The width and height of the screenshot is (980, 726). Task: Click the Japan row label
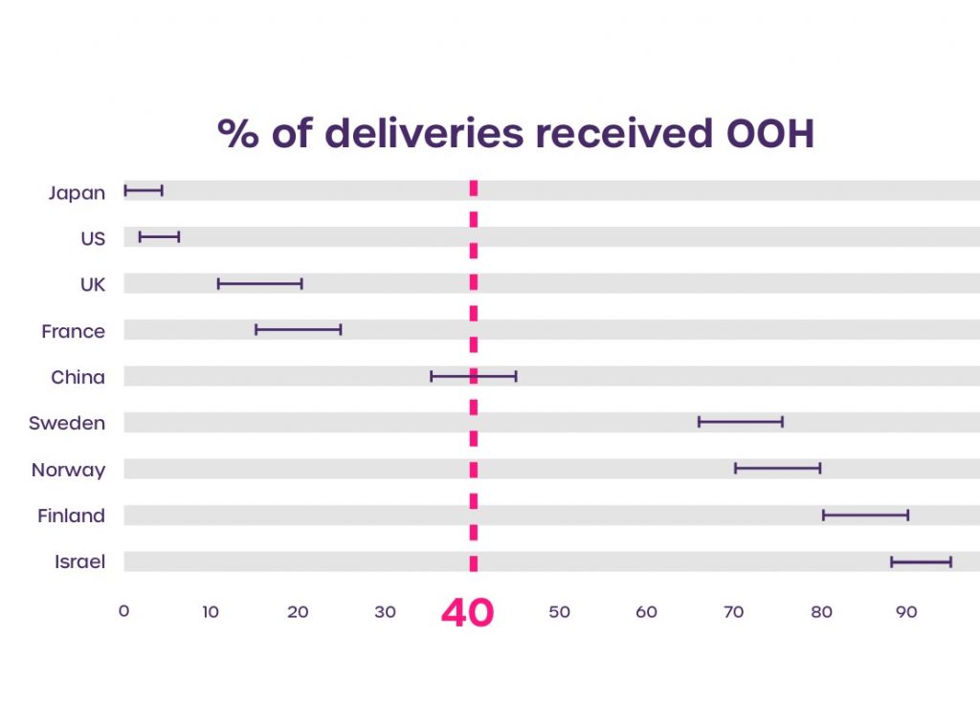(77, 193)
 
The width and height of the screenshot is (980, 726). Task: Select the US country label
(93, 239)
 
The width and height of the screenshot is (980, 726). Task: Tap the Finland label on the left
(71, 517)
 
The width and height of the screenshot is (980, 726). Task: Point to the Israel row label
(79, 562)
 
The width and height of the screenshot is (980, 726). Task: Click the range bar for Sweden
(740, 422)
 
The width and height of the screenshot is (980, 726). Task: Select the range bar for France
(298, 330)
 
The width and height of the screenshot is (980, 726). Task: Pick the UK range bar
(259, 283)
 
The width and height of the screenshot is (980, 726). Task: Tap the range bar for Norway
(777, 469)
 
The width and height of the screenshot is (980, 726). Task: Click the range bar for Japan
(144, 190)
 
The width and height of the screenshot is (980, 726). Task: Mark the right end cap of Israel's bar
(950, 561)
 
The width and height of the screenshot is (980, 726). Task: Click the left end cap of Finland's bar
(824, 516)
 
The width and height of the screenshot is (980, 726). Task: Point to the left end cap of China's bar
(432, 376)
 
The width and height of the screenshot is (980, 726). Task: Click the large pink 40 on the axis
(467, 613)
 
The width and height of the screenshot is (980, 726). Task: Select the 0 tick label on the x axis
(123, 611)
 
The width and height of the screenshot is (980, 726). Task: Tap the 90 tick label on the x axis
(905, 612)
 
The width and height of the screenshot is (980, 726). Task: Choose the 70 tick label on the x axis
(733, 612)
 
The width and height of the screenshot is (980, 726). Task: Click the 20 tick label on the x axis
(298, 612)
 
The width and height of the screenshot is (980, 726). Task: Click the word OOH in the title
(763, 135)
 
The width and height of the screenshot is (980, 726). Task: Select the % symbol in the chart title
(237, 135)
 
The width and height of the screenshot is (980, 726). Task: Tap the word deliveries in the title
(424, 135)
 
